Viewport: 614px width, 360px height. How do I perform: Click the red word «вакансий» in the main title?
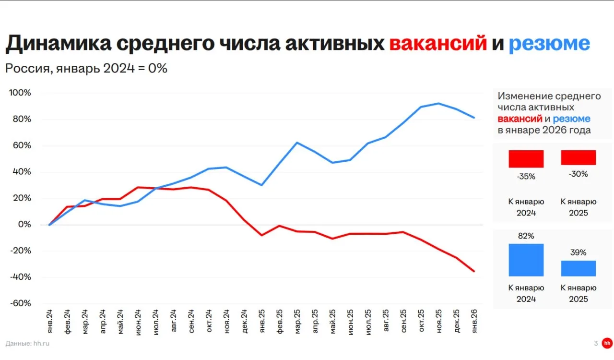(x=438, y=44)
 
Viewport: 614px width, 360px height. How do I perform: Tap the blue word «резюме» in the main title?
(x=549, y=44)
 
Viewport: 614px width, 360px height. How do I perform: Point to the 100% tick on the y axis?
(x=20, y=93)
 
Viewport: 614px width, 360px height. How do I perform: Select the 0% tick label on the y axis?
(x=24, y=225)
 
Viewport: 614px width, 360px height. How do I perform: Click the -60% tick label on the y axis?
(x=21, y=303)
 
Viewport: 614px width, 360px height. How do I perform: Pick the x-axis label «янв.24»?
(x=50, y=321)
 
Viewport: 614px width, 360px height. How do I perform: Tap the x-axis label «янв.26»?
(x=474, y=321)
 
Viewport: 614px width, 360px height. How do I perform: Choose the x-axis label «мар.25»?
(x=297, y=321)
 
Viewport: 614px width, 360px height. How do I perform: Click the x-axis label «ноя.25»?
(x=438, y=321)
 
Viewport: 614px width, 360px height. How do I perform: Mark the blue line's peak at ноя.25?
(x=438, y=103)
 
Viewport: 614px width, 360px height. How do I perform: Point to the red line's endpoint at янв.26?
(x=474, y=271)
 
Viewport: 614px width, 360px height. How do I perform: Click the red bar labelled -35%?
(x=526, y=159)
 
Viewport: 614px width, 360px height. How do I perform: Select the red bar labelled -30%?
(x=578, y=157)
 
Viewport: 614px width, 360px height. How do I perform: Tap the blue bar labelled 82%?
(x=526, y=260)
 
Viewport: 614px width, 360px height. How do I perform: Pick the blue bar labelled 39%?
(x=578, y=268)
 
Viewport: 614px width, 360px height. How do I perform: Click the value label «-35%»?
(x=526, y=176)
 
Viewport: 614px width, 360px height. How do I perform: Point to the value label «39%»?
(x=579, y=252)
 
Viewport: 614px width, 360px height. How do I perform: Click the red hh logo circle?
(x=607, y=343)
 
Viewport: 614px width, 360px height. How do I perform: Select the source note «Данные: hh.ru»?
(x=28, y=343)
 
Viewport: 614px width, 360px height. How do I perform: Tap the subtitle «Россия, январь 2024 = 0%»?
(x=86, y=68)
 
